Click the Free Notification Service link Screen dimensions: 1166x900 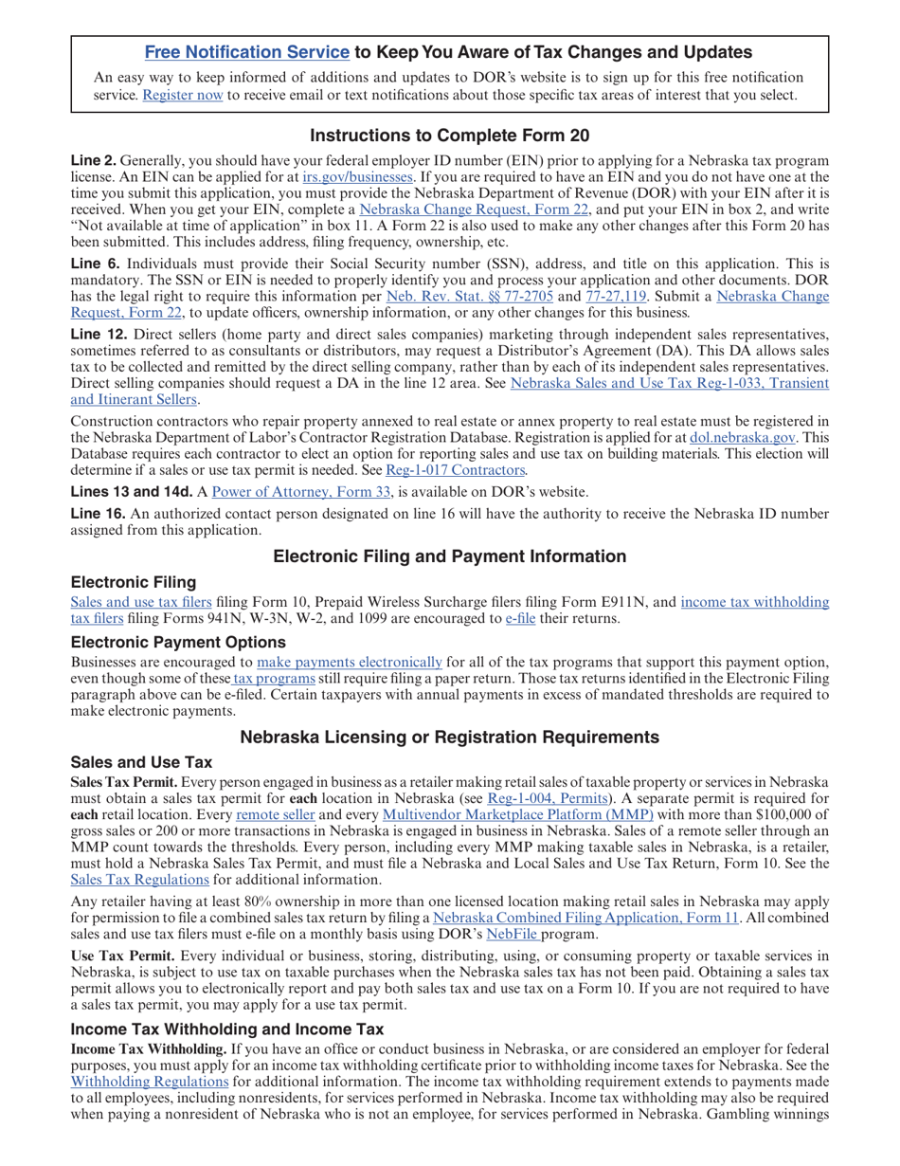[x=246, y=52]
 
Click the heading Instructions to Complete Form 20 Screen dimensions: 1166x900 [x=450, y=135]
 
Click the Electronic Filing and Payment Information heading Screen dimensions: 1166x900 [x=450, y=556]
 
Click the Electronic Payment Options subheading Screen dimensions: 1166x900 [x=168, y=642]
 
